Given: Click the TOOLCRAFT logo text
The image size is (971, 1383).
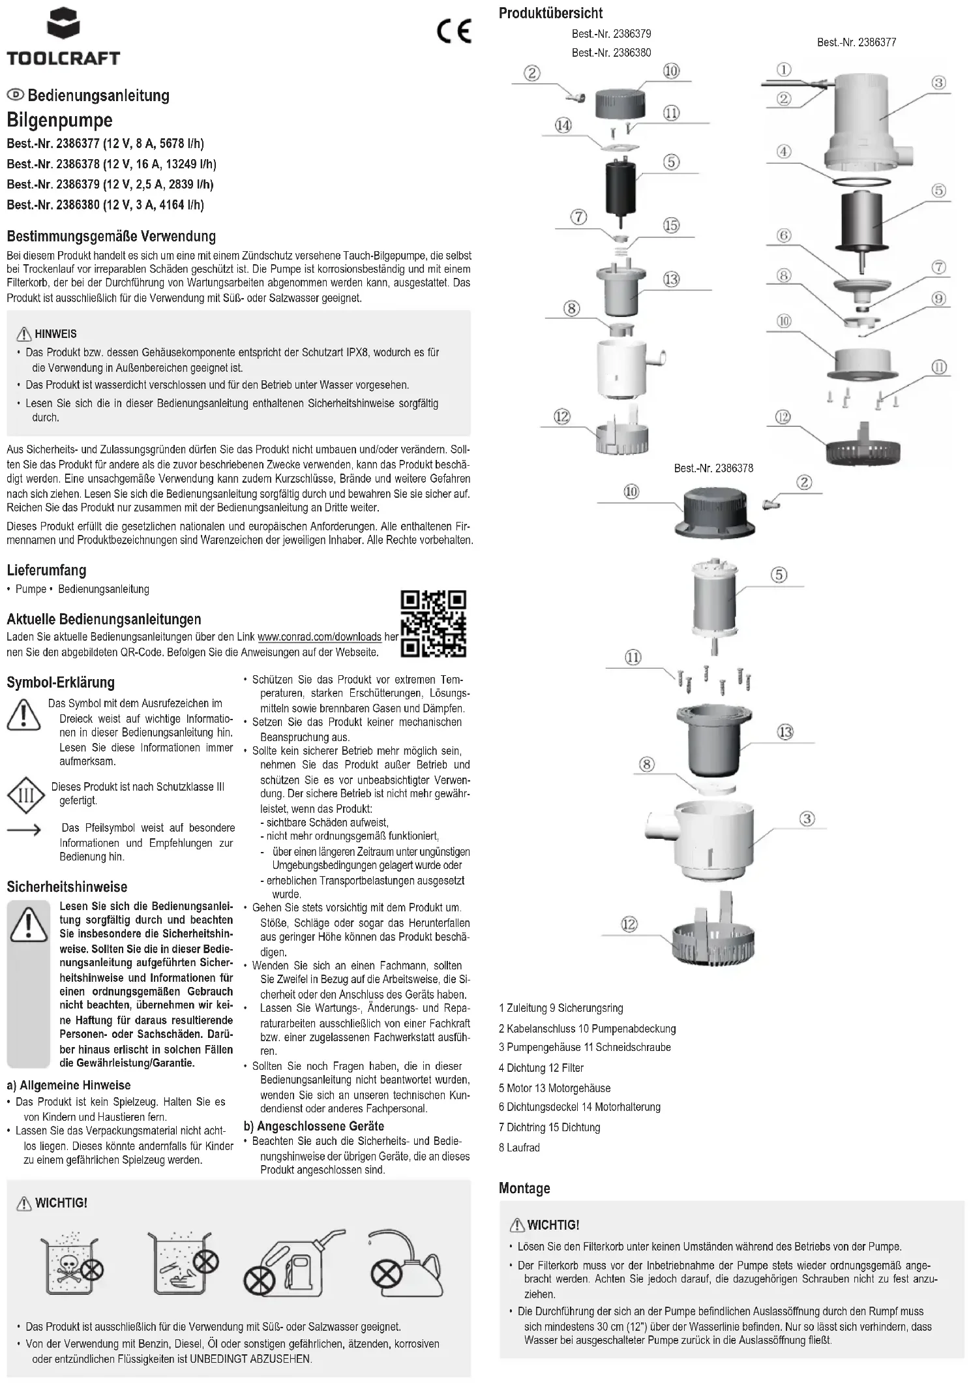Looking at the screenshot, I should [x=63, y=58].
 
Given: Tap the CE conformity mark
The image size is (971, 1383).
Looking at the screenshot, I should [x=454, y=31].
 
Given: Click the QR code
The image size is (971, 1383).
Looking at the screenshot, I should [x=433, y=623].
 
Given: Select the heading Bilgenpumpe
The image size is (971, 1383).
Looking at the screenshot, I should [x=59, y=120].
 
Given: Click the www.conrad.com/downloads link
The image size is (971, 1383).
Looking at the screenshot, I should [x=320, y=637].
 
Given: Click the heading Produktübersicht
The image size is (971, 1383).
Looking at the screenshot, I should [x=550, y=13].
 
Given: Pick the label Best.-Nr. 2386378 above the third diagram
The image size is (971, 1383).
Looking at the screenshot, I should [x=713, y=468].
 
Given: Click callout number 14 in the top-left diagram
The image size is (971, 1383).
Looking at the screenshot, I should [x=563, y=125].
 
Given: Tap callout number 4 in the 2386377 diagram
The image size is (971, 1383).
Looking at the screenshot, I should [x=784, y=151].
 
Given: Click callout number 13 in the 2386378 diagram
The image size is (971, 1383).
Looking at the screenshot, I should [x=785, y=732].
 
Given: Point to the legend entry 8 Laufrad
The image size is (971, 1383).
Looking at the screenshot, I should [x=519, y=1147].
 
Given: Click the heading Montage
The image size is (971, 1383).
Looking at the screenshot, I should [x=524, y=1188].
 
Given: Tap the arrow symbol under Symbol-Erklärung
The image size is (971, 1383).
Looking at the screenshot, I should [x=24, y=830].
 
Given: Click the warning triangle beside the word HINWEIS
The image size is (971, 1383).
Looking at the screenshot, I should [x=24, y=334].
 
